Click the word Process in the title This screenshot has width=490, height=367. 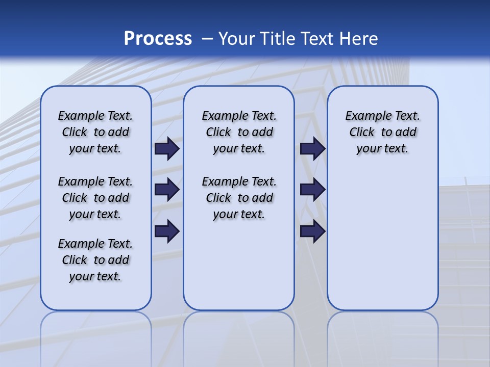pyautogui.click(x=158, y=39)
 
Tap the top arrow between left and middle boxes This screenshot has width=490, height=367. pyautogui.click(x=167, y=149)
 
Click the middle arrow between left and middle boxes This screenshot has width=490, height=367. pyautogui.click(x=167, y=190)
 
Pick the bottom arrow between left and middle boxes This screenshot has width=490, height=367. pyautogui.click(x=167, y=231)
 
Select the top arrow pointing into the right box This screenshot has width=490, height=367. pyautogui.click(x=312, y=149)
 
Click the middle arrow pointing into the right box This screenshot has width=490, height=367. pyautogui.click(x=312, y=190)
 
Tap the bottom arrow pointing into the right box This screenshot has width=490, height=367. pyautogui.click(x=312, y=231)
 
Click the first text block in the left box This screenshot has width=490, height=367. pyautogui.click(x=95, y=132)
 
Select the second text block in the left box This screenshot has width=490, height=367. pyautogui.click(x=95, y=198)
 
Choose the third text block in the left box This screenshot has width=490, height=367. pyautogui.click(x=95, y=260)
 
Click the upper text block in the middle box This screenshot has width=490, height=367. pyautogui.click(x=239, y=132)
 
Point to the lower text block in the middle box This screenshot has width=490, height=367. pyautogui.click(x=239, y=198)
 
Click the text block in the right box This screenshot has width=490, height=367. pyautogui.click(x=383, y=132)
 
